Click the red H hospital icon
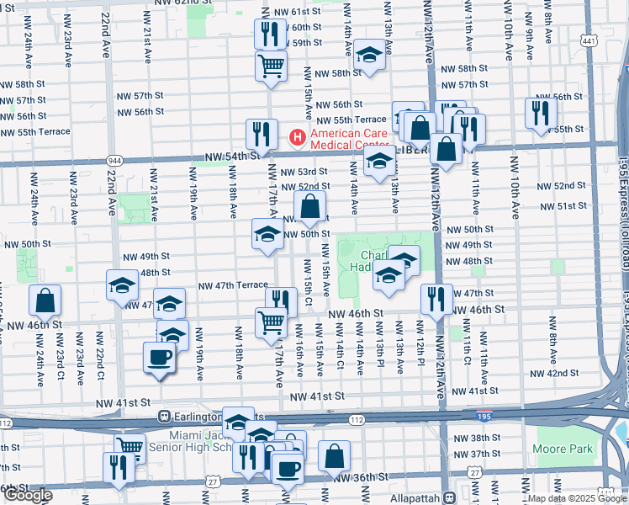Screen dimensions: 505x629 coord(296,136)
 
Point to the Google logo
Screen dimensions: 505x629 coord(28,495)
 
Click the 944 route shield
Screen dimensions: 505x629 coord(114,160)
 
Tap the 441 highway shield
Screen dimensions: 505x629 coord(589,40)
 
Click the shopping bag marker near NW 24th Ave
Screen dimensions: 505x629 coord(45,300)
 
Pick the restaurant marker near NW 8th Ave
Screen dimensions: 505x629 coord(541,113)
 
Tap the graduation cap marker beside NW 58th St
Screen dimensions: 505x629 coord(368,56)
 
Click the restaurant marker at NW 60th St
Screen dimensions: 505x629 coord(270,34)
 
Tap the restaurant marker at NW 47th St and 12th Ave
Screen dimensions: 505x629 coord(436,299)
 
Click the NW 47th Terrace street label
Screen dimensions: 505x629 coord(232,286)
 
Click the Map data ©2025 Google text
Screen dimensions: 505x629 coord(576,498)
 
